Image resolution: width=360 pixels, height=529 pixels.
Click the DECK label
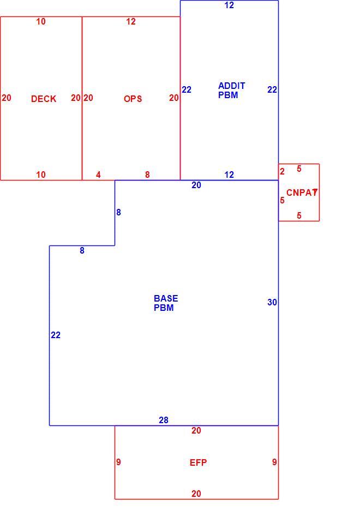[x=44, y=99]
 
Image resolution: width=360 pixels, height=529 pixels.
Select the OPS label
[x=133, y=99]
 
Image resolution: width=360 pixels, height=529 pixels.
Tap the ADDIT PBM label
[x=231, y=91]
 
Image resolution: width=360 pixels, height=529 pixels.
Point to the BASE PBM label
[x=166, y=303]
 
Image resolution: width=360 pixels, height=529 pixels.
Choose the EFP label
[x=198, y=462]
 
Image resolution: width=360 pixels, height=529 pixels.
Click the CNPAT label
[x=302, y=193]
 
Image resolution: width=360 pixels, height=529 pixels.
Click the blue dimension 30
[x=272, y=302]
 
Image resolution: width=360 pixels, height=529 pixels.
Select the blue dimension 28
[x=164, y=420]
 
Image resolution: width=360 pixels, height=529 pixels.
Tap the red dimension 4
[x=98, y=175]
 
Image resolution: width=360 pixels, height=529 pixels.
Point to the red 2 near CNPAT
[x=282, y=171]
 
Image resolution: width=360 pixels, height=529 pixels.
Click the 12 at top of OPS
[x=131, y=22]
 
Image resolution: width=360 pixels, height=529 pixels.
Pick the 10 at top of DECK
[x=41, y=22]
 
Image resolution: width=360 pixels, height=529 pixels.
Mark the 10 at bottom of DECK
[x=41, y=175]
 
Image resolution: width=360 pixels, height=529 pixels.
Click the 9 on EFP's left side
[x=118, y=462]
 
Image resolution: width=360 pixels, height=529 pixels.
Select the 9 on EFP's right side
[x=274, y=462]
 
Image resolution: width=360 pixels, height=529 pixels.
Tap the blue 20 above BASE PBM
[x=196, y=185]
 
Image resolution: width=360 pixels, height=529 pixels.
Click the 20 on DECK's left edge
[x=7, y=98]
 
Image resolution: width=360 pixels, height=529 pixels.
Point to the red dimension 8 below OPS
[x=147, y=175]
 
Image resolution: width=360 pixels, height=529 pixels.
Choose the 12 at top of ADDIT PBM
[x=229, y=5]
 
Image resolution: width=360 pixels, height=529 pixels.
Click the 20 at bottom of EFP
[x=196, y=494]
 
